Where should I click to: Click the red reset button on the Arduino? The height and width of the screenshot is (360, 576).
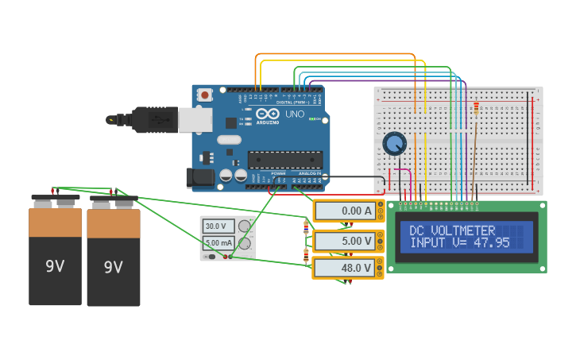[x=205, y=95]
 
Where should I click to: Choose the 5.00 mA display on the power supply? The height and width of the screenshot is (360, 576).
[x=218, y=243]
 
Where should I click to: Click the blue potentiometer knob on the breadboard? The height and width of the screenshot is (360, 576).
[x=394, y=144]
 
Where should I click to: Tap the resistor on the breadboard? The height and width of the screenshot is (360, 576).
[x=476, y=109]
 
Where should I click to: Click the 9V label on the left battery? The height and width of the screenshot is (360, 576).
[x=55, y=266]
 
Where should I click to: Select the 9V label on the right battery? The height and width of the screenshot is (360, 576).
[x=114, y=267]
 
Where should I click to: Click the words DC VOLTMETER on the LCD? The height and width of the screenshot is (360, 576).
[x=452, y=230]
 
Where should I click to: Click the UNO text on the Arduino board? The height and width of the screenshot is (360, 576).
[x=294, y=114]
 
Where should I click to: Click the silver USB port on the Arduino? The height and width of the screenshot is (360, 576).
[x=195, y=119]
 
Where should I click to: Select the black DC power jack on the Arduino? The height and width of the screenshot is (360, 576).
[x=199, y=177]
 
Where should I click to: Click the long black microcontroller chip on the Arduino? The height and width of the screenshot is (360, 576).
[x=285, y=160]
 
